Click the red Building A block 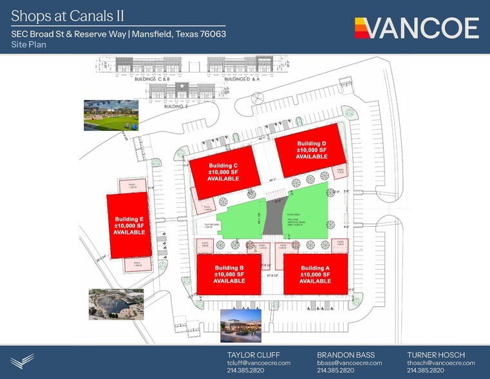(316, 273)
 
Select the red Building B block (229, 273)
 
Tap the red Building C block (224, 172)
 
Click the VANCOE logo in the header (417, 28)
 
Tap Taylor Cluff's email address (259, 363)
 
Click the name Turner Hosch (436, 355)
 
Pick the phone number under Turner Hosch (425, 371)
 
